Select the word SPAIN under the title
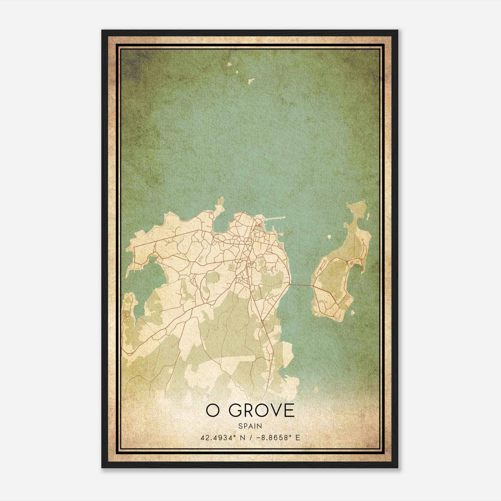[x=250, y=426]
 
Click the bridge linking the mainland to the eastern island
[x=301, y=285]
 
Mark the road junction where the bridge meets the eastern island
[x=313, y=286]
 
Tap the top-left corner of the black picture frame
[x=102, y=31]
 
